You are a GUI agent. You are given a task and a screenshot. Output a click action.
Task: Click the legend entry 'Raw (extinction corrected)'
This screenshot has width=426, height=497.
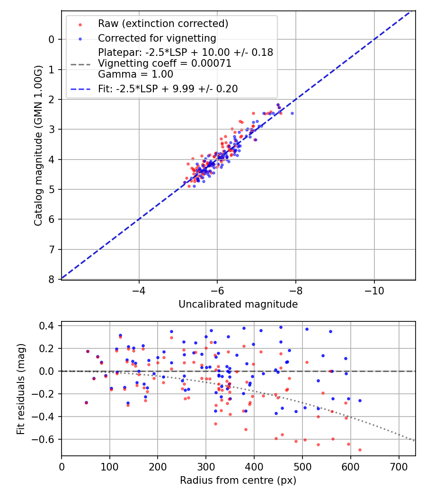point(163,24)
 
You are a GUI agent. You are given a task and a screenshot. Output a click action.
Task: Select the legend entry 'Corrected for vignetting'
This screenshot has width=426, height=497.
point(157,38)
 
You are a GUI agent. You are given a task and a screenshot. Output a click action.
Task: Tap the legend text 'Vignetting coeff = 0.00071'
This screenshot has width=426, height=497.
point(165,63)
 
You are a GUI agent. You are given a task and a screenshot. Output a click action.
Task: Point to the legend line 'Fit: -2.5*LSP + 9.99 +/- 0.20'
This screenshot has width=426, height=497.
point(168,89)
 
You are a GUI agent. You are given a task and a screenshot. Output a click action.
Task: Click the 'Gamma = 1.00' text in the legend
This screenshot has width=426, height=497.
point(135,74)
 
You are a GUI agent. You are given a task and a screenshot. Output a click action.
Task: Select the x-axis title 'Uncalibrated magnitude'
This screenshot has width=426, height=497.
point(238,304)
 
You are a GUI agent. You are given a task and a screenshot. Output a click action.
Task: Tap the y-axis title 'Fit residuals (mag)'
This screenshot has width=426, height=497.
point(21,389)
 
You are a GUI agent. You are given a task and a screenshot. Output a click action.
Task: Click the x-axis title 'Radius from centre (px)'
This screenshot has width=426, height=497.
point(238,480)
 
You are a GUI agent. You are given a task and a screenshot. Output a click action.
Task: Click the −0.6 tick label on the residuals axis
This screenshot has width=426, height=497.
point(46,439)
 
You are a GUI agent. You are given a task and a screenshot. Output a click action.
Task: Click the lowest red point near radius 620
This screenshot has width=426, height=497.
point(360,450)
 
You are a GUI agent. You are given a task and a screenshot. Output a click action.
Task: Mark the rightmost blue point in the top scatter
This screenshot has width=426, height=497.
point(292,113)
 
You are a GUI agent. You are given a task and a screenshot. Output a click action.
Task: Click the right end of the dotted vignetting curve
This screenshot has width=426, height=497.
point(415,441)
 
